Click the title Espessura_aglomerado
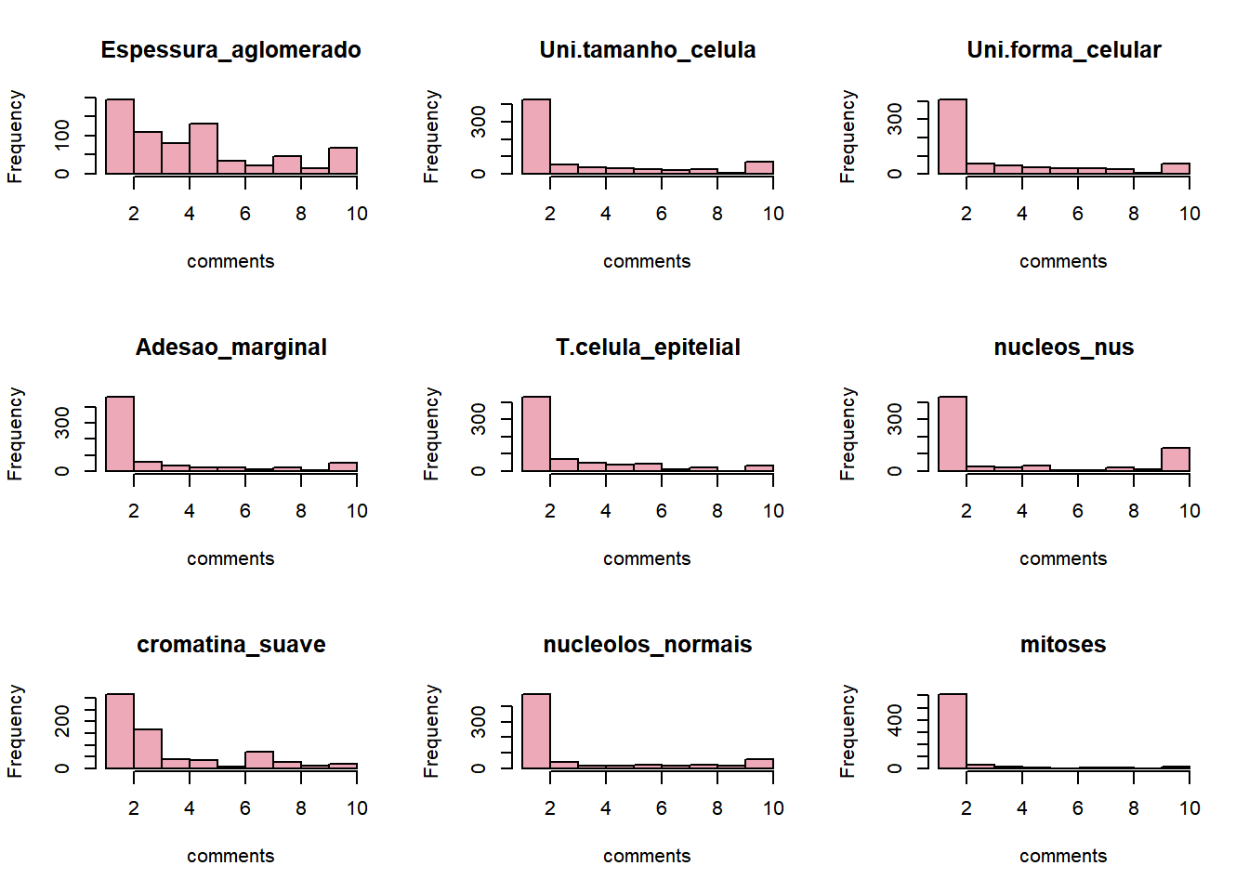[x=230, y=50]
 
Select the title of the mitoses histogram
[x=1063, y=645]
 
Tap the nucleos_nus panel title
[x=1063, y=348]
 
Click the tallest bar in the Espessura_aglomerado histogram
[x=120, y=137]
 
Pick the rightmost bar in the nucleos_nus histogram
[x=1176, y=460]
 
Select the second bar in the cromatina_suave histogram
[x=148, y=749]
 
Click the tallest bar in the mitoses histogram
[x=953, y=731]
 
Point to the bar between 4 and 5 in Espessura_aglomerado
[x=204, y=149]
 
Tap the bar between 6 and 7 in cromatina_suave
[x=259, y=760]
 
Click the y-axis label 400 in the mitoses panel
[x=895, y=719]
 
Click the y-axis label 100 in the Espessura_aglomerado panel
[x=62, y=136]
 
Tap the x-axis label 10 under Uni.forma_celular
[x=1190, y=214]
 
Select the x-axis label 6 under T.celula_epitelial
[x=662, y=511]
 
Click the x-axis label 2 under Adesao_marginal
[x=134, y=511]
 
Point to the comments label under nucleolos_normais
[x=647, y=856]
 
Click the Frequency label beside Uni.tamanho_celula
[x=431, y=137]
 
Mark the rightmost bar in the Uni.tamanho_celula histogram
[x=759, y=168]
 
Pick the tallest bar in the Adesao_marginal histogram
[x=120, y=434]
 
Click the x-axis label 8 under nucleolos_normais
[x=717, y=808]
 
